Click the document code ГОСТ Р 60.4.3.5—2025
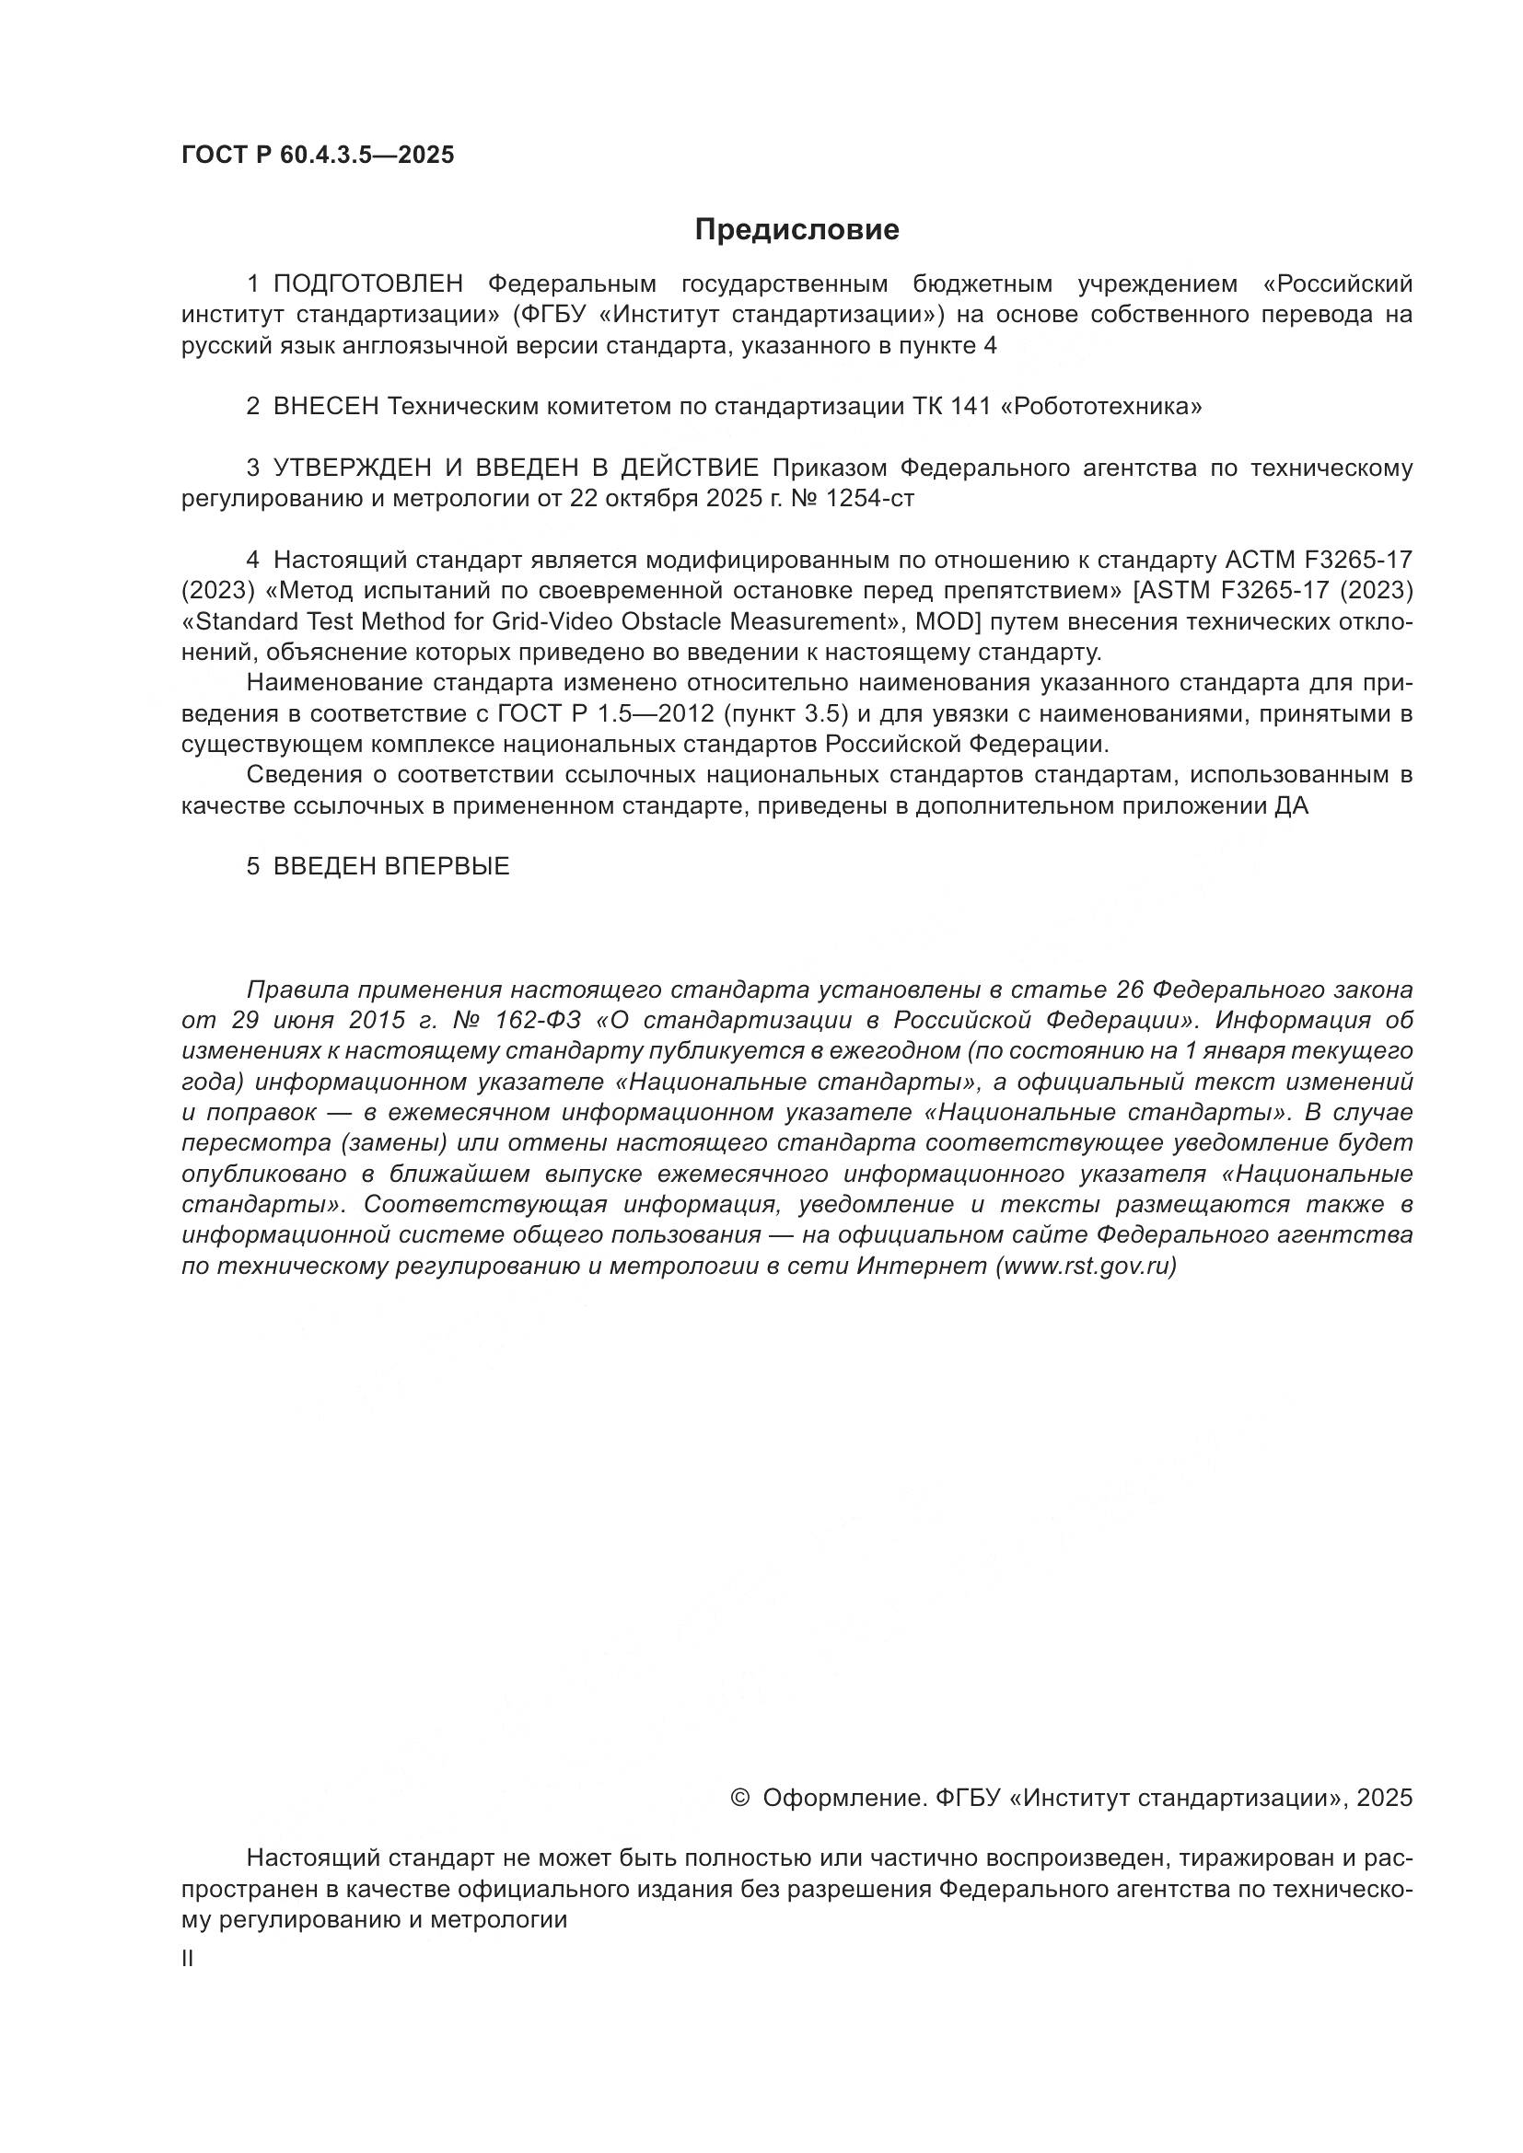point(318,156)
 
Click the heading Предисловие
point(796,230)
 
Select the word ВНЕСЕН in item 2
point(325,407)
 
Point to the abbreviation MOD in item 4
point(941,621)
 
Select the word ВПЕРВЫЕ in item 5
point(448,866)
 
